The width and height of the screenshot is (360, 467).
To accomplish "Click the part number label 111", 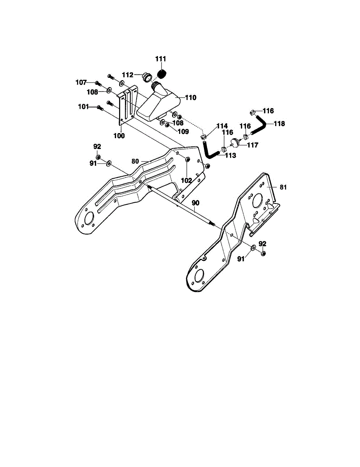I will click(161, 59).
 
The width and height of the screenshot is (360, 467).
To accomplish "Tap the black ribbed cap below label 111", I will click(162, 73).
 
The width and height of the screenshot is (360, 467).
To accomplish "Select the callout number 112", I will click(128, 75).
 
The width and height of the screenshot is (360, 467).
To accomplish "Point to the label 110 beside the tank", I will click(190, 98).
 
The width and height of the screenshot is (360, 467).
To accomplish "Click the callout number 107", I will click(81, 82).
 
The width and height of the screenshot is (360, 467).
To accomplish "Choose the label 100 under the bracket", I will click(119, 136).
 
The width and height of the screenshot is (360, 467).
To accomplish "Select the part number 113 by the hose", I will click(230, 155).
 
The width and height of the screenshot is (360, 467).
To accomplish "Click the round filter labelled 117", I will click(236, 143).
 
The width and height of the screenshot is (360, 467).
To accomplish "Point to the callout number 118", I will click(279, 124).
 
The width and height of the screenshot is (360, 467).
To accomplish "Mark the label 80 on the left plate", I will click(135, 160).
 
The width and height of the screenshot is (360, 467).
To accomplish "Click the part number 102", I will click(186, 180).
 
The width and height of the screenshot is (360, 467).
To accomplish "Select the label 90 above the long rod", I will click(195, 203).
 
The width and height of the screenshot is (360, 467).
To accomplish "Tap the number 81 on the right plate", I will click(283, 187).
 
